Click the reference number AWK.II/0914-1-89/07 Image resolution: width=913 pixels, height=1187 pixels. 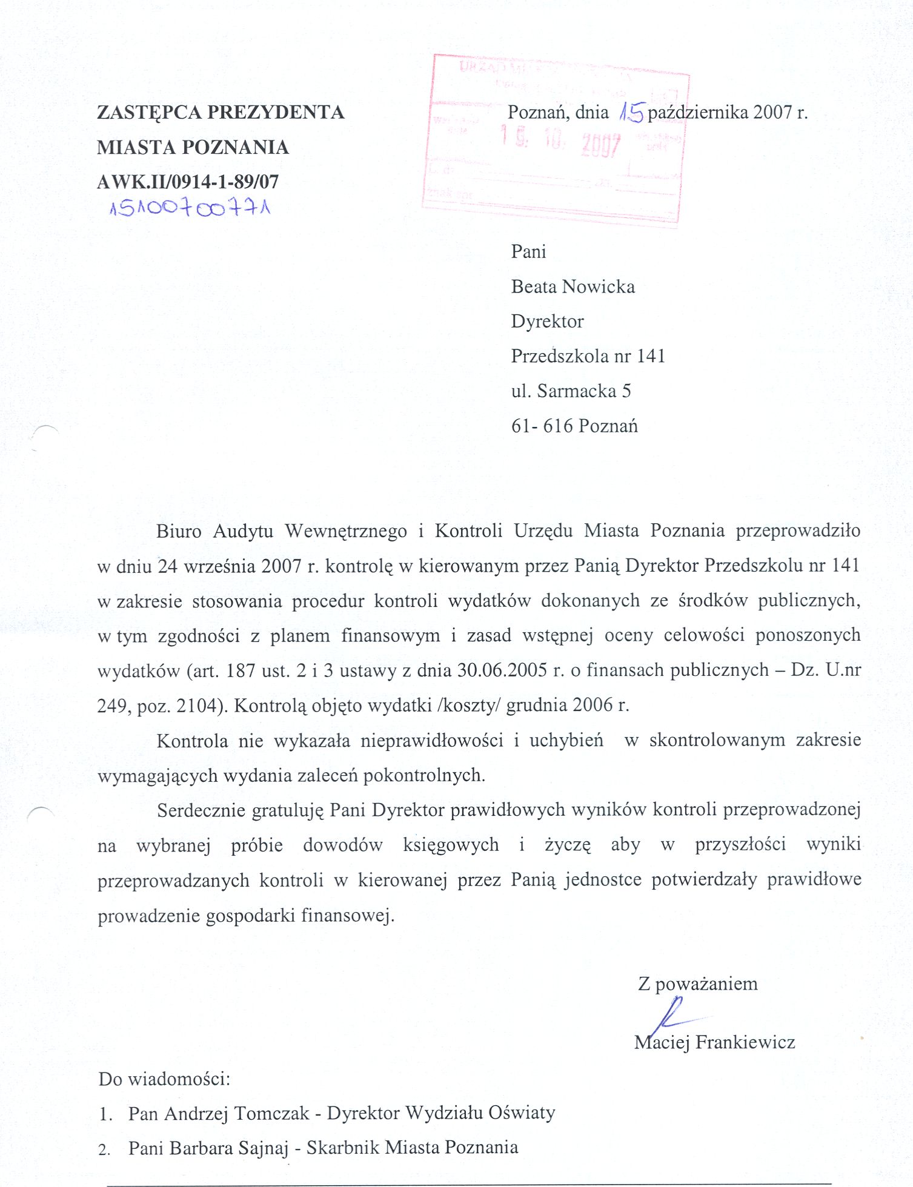click(188, 182)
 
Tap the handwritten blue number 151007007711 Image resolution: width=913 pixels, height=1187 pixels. click(190, 209)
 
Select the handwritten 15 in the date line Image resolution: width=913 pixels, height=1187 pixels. click(631, 112)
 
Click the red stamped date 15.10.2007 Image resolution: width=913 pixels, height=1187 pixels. click(561, 143)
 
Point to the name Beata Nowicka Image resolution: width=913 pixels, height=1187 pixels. click(573, 286)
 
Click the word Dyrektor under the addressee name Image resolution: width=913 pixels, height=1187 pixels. click(547, 321)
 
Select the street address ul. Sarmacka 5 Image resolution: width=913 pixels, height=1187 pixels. click(571, 391)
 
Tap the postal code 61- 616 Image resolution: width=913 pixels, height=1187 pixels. click(542, 426)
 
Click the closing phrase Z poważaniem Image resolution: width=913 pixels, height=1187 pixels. click(697, 984)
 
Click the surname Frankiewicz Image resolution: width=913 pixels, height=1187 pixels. click(745, 1042)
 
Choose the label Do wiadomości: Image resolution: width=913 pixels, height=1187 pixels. click(164, 1079)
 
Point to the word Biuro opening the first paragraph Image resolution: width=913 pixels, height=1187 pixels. click(179, 531)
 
